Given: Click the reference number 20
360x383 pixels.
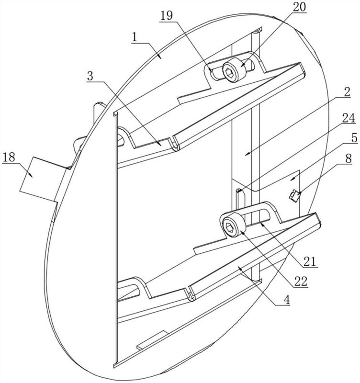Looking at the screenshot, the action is tap(299, 7).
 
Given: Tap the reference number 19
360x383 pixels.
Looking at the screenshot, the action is tap(167, 16).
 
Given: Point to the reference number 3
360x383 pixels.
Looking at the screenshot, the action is tap(90, 76).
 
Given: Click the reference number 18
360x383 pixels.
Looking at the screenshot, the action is tap(9, 158).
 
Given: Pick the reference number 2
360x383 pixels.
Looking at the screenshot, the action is tap(347, 91).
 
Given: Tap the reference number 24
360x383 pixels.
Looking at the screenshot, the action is tap(349, 118).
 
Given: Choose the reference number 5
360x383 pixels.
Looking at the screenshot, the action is tap(354, 138).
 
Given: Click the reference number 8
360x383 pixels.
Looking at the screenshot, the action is tap(349, 158).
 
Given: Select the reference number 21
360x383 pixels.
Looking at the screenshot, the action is tap(310, 261).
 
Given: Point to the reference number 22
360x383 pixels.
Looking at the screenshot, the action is tap(301, 282).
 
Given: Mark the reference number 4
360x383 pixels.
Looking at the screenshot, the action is tap(286, 300).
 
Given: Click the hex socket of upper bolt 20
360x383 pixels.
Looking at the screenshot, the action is tap(230, 72).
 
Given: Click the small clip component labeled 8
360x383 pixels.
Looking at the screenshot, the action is tap(294, 196).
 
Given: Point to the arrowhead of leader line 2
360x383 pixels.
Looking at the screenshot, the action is tap(247, 154).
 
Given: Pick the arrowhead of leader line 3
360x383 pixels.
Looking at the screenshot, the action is tap(159, 144).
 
